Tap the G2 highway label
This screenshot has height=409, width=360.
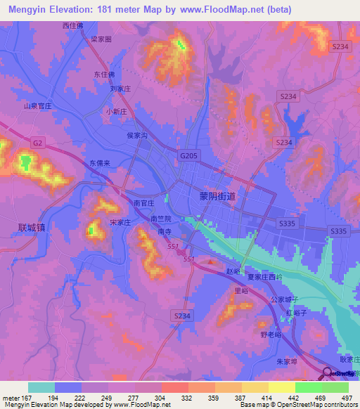37,143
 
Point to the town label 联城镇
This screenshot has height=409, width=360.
32,227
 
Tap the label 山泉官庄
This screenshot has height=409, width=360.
39,106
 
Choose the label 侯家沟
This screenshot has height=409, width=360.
139,135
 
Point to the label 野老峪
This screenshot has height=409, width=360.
271,335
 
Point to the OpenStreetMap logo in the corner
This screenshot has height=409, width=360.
340,374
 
